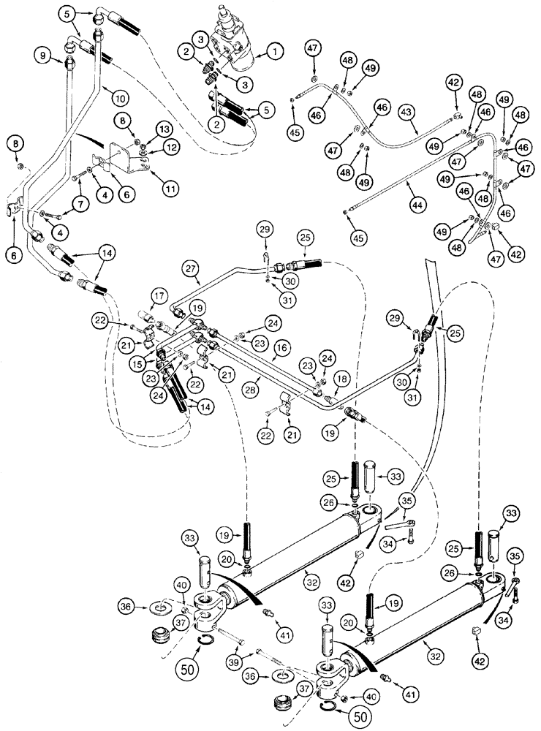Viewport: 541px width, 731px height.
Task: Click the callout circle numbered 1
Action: pyautogui.click(x=275, y=52)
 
